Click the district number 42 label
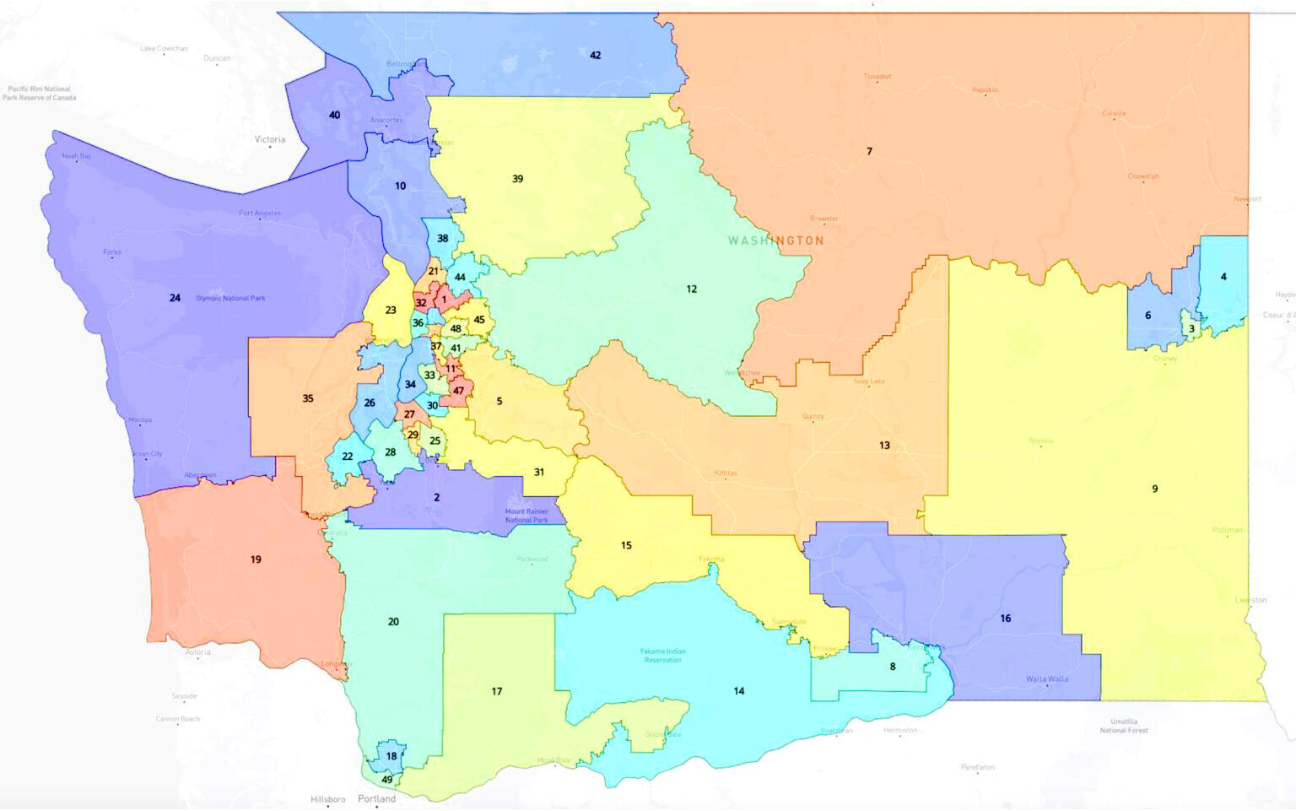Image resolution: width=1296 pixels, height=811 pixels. coord(595,56)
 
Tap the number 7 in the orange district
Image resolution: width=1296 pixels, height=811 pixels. coord(869,152)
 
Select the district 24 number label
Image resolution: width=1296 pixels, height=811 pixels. coord(175,298)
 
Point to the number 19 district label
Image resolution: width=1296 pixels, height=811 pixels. coord(256,560)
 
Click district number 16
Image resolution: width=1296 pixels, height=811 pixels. coord(1005,619)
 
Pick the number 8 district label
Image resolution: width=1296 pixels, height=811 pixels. coord(893,667)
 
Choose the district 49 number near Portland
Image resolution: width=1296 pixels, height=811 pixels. coord(387,779)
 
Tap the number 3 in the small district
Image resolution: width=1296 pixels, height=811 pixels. coord(1191,329)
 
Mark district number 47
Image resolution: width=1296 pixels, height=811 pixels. coord(458,391)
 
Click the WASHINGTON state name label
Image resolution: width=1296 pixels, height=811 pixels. coord(775,241)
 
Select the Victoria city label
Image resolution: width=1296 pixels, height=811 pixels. coord(270,139)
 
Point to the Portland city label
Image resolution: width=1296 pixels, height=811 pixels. coord(376,798)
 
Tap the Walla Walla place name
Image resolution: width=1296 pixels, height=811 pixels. coord(1046,679)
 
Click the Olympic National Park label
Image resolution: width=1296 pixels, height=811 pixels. coord(230,298)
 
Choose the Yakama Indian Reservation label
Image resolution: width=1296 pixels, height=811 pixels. coord(662,655)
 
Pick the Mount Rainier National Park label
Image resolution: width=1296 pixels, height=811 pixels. coord(526,516)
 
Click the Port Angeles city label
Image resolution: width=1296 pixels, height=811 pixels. coord(260,213)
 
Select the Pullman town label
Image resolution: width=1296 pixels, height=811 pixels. coord(1227,530)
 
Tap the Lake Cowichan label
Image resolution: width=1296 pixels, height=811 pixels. coord(164,49)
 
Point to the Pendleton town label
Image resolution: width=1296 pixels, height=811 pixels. coord(977,767)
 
